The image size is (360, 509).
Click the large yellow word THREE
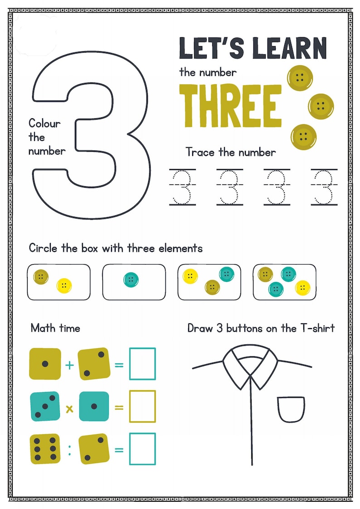click(x=230, y=105)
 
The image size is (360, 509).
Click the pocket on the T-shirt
click(x=291, y=409)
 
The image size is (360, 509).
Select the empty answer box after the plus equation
click(x=142, y=364)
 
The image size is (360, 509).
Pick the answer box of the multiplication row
click(x=142, y=407)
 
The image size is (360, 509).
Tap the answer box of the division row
click(x=142, y=449)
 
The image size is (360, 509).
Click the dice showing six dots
click(x=45, y=449)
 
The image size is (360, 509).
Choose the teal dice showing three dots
click(x=45, y=407)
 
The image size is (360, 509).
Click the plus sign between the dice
click(x=69, y=364)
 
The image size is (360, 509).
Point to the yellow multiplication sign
click(x=69, y=409)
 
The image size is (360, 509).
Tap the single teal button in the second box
click(x=131, y=280)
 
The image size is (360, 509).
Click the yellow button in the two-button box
click(x=64, y=286)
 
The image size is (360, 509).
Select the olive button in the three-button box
click(x=212, y=286)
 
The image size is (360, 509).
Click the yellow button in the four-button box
click(x=302, y=287)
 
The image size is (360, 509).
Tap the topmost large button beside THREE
click(x=300, y=78)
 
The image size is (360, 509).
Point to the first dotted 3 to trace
click(x=183, y=187)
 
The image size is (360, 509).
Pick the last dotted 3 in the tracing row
click(x=324, y=187)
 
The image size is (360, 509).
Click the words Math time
click(x=55, y=328)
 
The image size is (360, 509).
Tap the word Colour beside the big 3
click(x=44, y=123)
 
